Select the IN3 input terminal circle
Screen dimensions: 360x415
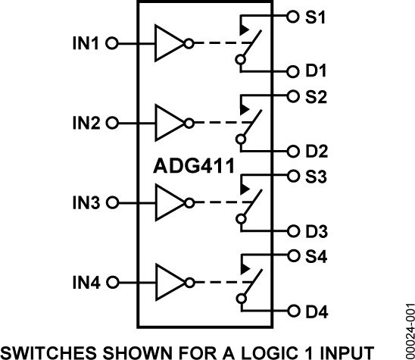113,202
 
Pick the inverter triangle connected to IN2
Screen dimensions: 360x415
170,122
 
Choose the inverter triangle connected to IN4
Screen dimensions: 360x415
170,282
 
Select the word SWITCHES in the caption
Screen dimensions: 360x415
53,351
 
